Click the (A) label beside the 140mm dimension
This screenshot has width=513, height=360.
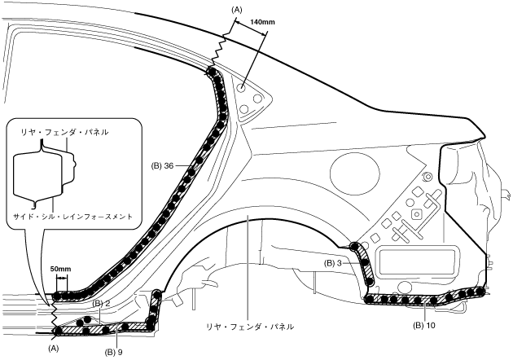click(x=237, y=8)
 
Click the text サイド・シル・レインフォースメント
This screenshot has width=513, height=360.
click(x=72, y=216)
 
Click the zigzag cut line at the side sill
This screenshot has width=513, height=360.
click(x=52, y=308)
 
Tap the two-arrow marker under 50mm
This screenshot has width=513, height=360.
click(x=59, y=277)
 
